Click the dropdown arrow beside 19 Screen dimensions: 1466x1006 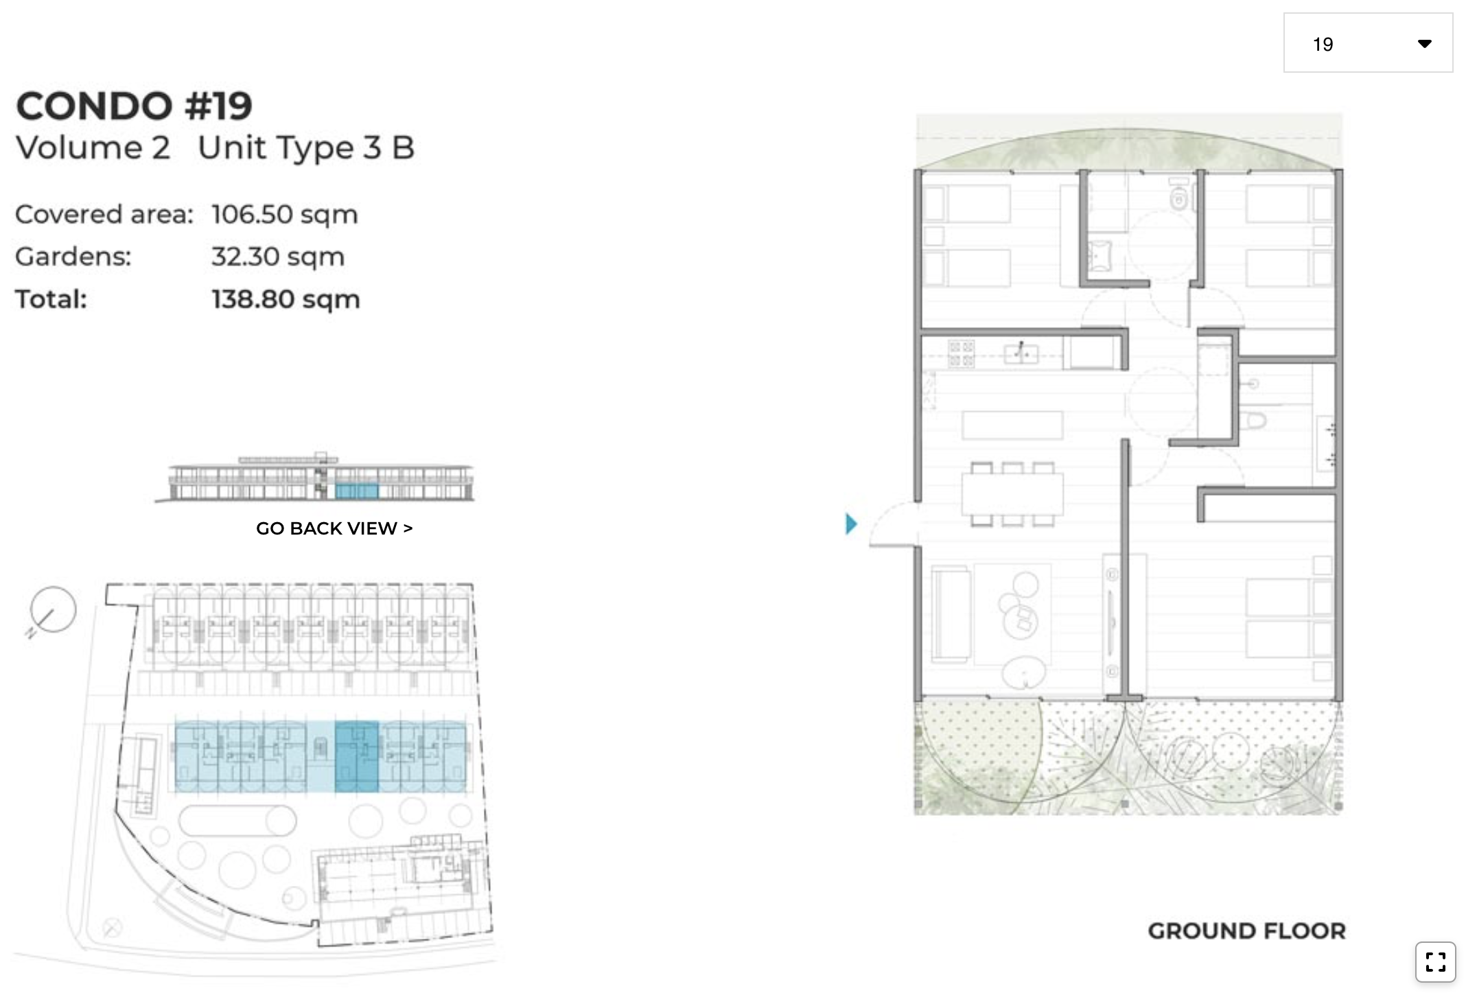coord(1424,44)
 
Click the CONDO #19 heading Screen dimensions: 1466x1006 coord(134,106)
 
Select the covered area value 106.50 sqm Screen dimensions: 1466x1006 coord(284,215)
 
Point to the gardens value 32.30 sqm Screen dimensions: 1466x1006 coord(277,257)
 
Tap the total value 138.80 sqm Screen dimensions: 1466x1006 coord(286,299)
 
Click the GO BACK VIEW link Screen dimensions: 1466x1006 coord(334,528)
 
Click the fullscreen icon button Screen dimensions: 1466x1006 coord(1435,961)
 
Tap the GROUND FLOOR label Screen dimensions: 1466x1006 coord(1246,931)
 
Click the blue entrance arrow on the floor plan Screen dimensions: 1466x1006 coord(851,524)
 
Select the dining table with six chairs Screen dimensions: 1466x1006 coord(1012,494)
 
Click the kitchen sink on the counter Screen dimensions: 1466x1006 coord(1021,354)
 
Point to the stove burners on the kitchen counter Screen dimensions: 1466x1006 coord(961,354)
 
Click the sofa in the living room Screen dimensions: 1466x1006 coord(951,614)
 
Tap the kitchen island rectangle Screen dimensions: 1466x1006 coord(1012,425)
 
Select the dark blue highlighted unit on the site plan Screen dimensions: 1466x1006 coord(356,756)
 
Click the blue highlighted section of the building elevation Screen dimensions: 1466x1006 coord(356,491)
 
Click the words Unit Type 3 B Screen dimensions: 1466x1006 coord(306,148)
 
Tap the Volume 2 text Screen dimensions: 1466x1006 coord(93,148)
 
